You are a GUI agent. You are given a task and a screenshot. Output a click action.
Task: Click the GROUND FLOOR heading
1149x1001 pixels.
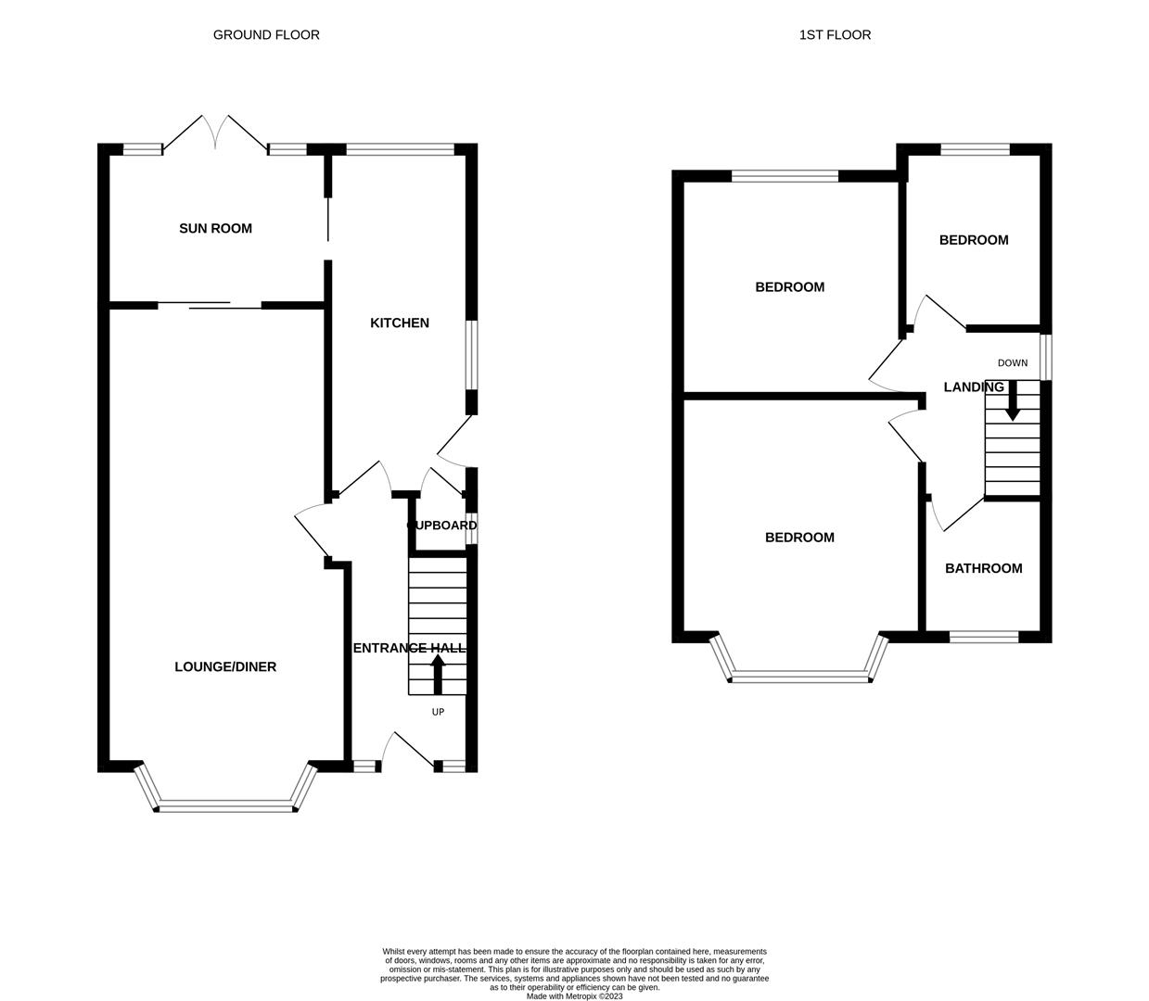click(266, 35)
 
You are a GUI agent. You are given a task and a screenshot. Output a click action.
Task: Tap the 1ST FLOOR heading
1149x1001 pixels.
click(835, 35)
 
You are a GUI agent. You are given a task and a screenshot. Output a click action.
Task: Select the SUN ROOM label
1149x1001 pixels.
click(216, 228)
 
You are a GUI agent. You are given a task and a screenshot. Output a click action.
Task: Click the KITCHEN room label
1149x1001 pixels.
click(400, 323)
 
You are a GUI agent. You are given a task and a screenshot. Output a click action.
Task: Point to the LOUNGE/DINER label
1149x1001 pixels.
click(225, 666)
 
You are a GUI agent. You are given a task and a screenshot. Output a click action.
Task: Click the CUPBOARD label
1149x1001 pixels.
click(442, 526)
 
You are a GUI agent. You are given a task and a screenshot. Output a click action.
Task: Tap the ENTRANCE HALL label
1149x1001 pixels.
click(409, 648)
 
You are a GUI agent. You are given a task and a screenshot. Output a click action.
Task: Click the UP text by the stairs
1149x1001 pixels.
click(438, 712)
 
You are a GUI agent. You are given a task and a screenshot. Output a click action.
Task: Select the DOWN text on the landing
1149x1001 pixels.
click(1013, 363)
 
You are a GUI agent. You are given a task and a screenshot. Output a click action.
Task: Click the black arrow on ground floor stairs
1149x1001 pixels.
click(438, 675)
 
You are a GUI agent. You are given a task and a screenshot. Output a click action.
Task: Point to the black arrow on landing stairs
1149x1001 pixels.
click(1013, 400)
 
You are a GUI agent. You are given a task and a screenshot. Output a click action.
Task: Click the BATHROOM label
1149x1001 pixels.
click(983, 568)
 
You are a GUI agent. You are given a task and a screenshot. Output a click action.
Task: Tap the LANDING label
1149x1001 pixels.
click(974, 387)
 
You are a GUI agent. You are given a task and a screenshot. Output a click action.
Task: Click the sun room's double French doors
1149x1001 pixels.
click(215, 133)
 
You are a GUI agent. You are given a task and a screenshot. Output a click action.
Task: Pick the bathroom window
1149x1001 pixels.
click(983, 637)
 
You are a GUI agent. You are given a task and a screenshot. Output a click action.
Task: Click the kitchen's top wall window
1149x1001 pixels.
click(400, 149)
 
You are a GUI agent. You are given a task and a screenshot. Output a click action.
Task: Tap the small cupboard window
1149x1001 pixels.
click(472, 528)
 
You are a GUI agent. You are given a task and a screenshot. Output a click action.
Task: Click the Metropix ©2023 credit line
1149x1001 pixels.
click(575, 996)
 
